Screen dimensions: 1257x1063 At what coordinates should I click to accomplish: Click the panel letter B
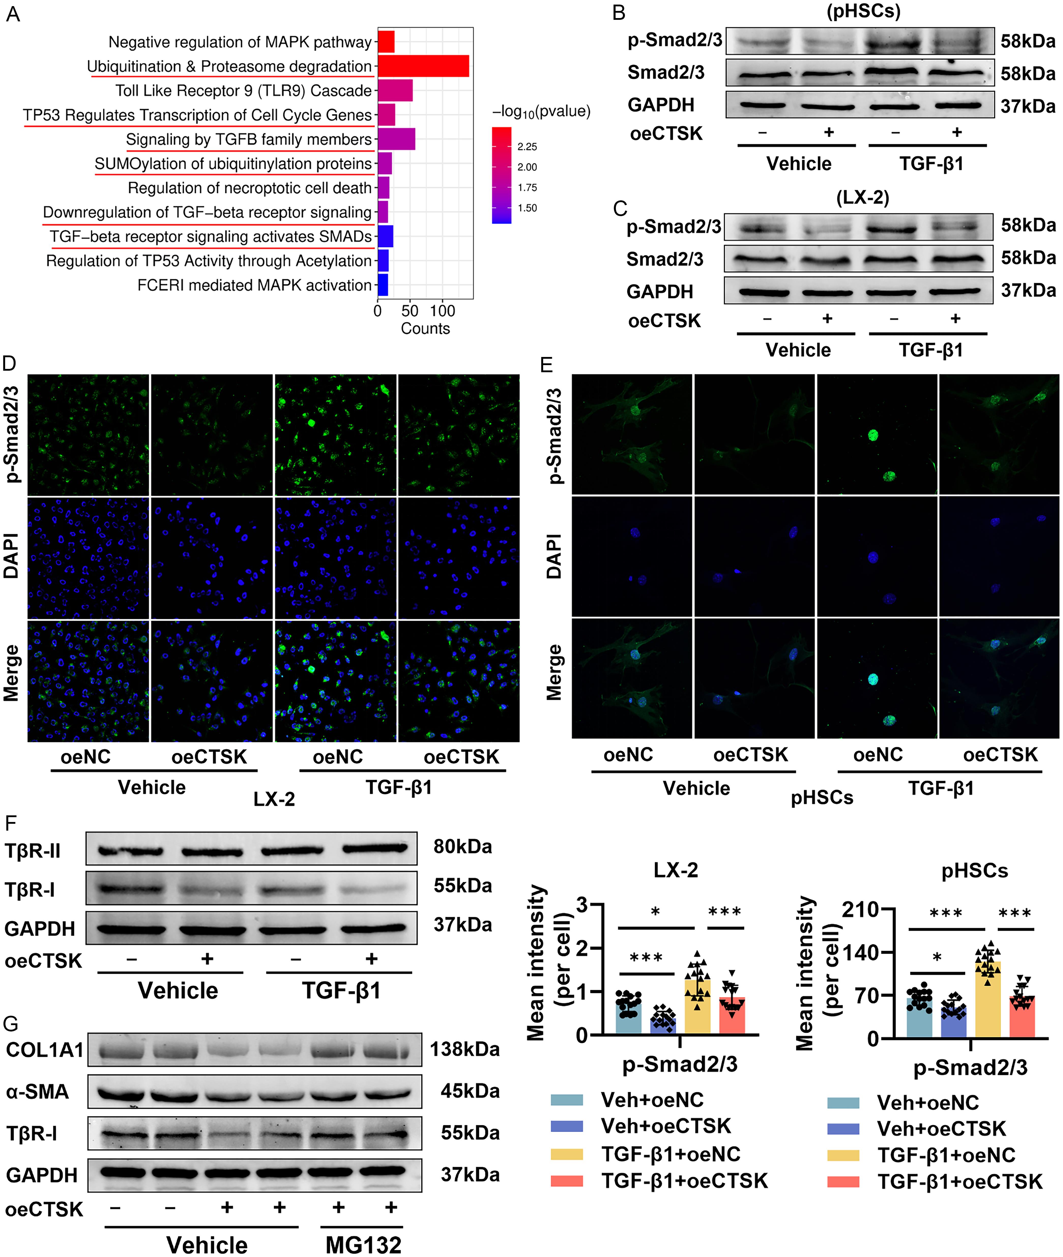point(619,13)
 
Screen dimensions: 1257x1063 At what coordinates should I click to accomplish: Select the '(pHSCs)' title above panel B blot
point(863,11)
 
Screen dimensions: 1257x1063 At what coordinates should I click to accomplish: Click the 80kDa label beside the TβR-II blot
point(462,846)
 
